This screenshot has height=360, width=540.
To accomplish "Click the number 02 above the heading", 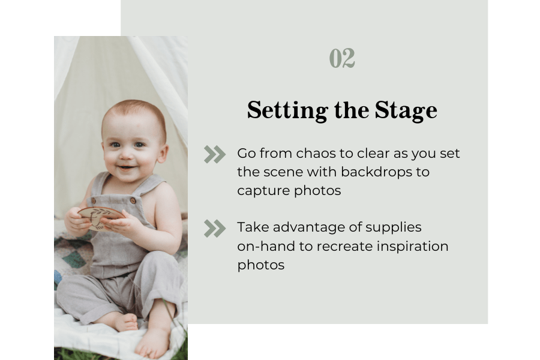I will click(342, 59).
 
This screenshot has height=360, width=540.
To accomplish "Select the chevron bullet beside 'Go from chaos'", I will click(214, 154).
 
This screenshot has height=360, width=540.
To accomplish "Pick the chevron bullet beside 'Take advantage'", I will click(214, 229).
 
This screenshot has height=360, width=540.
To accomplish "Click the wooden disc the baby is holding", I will click(100, 214).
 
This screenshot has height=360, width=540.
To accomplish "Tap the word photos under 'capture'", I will click(320, 191).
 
